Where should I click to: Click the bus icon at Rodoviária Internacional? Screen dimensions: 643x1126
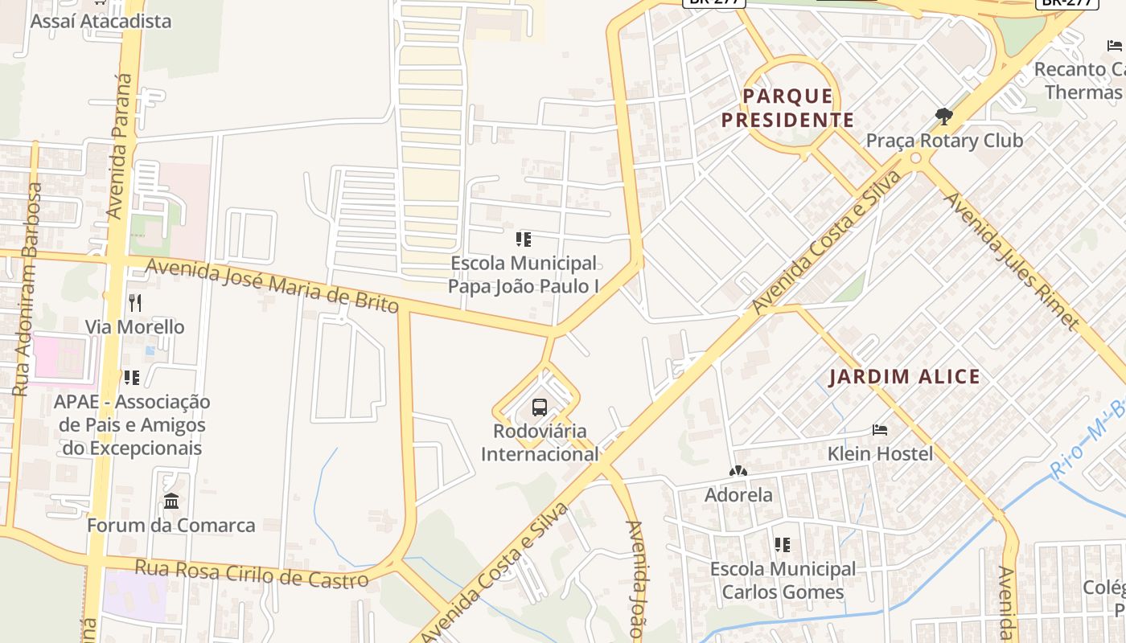539,407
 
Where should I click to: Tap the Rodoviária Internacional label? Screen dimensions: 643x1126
540,443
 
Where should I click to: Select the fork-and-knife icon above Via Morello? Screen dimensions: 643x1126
135,303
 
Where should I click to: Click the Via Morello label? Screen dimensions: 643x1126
135,327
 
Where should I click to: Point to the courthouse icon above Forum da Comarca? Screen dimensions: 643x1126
171,502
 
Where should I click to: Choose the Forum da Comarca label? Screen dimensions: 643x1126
171,526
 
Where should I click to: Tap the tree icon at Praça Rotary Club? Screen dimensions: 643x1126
944,117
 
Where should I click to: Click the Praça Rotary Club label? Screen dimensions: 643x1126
944,141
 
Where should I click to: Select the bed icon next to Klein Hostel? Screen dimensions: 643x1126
880,430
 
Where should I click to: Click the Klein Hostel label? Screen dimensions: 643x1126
880,454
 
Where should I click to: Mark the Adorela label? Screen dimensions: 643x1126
738,495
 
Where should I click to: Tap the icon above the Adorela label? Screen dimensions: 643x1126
738,471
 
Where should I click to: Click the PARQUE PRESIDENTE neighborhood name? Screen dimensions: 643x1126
787,109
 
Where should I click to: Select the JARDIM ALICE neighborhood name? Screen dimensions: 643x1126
904,377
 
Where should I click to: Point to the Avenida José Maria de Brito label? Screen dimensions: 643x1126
273,285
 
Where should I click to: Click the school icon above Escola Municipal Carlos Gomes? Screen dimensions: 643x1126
783,545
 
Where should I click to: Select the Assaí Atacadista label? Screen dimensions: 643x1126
101,21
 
